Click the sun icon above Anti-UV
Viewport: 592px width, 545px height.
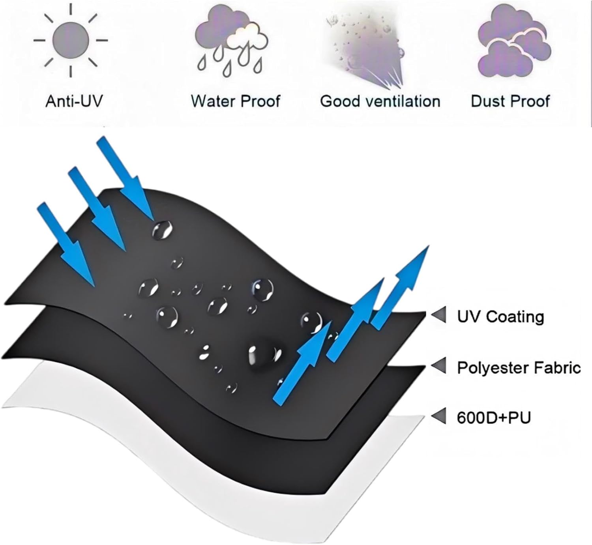point(71,40)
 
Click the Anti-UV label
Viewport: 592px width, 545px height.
point(74,101)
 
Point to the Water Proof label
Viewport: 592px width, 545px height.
point(235,101)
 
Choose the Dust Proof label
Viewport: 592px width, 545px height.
point(510,101)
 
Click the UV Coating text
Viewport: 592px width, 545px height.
point(500,317)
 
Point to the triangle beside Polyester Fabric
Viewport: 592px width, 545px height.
point(438,366)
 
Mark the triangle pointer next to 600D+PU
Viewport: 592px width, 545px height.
point(438,416)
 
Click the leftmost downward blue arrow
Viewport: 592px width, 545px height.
point(66,244)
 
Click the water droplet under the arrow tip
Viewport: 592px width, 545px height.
point(162,230)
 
